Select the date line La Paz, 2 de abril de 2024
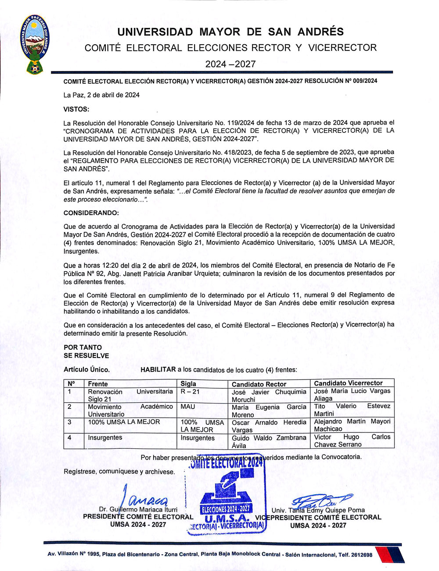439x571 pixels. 101,95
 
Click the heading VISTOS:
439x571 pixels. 76,109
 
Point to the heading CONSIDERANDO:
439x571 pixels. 91,213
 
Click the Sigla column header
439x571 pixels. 188,384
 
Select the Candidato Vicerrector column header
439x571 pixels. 348,383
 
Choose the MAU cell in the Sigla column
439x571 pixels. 188,407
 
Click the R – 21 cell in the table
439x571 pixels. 190,392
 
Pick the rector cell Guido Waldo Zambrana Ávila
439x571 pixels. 269,441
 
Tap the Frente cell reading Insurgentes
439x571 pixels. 105,438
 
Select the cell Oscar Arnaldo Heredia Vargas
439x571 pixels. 269,426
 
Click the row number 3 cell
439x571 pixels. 69,422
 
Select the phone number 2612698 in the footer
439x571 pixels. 362,555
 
